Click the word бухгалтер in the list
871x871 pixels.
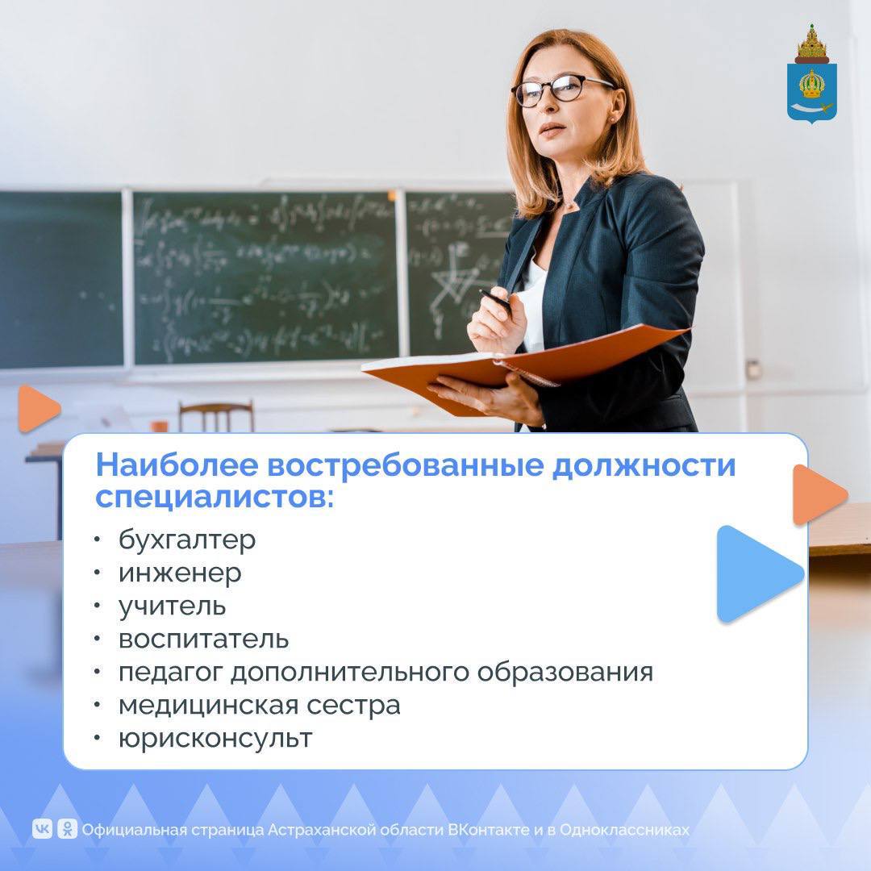point(187,540)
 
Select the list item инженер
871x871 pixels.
point(180,573)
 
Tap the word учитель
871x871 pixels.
point(172,606)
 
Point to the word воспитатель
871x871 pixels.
point(203,639)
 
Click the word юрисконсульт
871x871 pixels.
point(215,738)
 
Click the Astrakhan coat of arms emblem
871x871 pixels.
point(811,74)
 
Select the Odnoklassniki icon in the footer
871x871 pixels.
point(67,828)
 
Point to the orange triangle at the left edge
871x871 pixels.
point(36,409)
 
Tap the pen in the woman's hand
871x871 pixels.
point(495,300)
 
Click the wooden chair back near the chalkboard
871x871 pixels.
point(216,414)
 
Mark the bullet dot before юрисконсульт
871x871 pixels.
point(98,738)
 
